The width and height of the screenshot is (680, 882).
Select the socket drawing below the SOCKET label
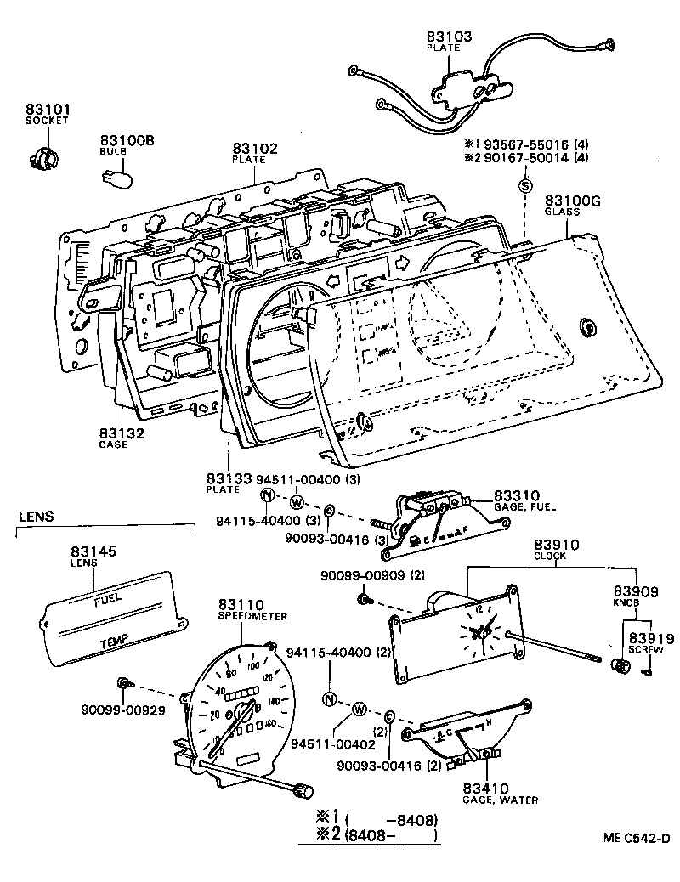(x=41, y=157)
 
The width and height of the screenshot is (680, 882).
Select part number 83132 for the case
(x=122, y=433)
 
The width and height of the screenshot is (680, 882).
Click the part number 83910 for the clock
(x=556, y=546)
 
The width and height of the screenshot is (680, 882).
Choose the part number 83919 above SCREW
(x=651, y=638)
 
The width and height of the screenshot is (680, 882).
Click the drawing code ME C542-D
(x=632, y=838)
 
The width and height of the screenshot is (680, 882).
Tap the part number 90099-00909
(x=372, y=575)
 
